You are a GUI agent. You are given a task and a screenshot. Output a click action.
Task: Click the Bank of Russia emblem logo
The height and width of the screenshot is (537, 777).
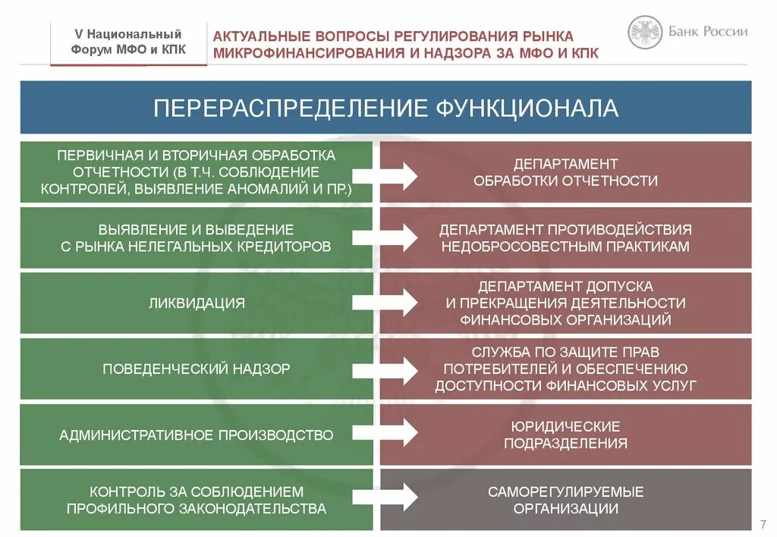tap(645, 33)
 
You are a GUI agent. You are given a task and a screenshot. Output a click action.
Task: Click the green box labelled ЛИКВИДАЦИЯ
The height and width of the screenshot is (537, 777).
tap(197, 303)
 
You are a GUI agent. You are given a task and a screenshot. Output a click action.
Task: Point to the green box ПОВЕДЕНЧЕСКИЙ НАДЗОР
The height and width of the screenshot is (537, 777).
tap(197, 369)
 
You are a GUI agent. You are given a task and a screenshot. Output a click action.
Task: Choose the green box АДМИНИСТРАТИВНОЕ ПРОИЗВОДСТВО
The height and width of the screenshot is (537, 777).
tap(197, 435)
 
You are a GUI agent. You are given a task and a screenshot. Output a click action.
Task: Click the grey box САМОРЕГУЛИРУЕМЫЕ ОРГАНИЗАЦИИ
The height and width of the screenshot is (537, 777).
tap(565, 501)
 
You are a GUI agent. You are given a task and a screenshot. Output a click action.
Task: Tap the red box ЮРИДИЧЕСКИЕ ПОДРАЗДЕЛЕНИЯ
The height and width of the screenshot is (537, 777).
tap(565, 435)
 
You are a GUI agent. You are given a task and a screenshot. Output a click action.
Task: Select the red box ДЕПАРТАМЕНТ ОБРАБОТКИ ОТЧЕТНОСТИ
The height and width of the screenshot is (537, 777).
tap(565, 172)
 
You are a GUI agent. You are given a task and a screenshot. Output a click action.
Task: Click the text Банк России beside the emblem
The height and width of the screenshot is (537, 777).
tap(708, 32)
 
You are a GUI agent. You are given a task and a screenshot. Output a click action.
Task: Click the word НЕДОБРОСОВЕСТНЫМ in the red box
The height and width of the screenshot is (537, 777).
tap(520, 247)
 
